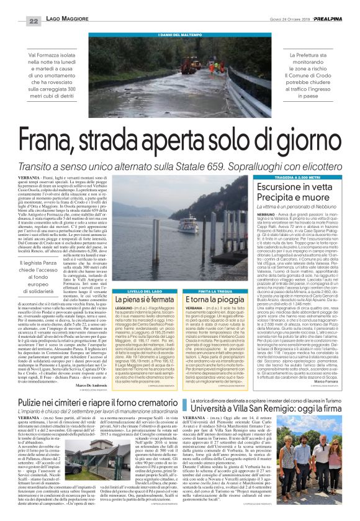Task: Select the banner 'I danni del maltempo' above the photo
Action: click(180, 34)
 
